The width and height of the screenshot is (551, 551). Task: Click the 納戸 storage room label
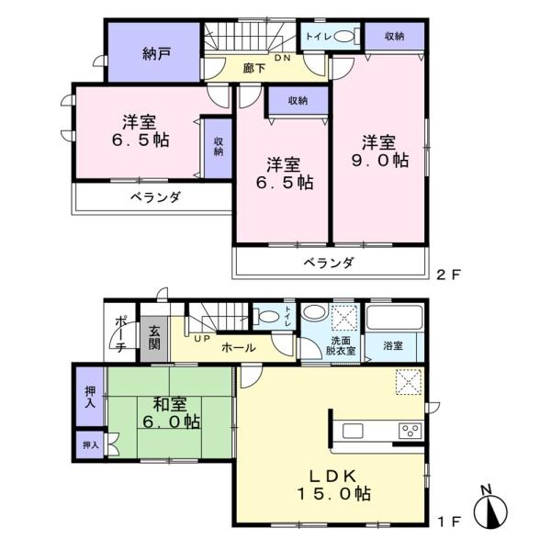tap(157, 54)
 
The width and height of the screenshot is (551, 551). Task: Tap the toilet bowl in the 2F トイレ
tap(343, 37)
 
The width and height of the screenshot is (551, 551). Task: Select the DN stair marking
tap(283, 58)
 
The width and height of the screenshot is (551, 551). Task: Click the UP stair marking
tap(202, 339)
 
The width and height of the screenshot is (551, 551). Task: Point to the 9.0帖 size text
tap(380, 160)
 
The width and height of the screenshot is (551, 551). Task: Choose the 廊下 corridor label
tap(254, 68)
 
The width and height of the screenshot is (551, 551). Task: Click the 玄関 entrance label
tap(154, 338)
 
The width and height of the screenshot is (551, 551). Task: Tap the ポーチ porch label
tap(120, 334)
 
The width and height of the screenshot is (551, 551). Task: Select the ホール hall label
tap(239, 348)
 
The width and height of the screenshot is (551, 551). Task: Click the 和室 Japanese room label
tap(170, 404)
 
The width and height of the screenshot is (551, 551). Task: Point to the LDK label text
tap(333, 476)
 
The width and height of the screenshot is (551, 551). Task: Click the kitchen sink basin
tap(353, 431)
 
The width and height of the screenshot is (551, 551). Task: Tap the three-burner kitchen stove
tap(410, 431)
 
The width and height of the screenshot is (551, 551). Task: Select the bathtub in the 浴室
tap(394, 317)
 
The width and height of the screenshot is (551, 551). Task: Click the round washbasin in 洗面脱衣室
tap(314, 311)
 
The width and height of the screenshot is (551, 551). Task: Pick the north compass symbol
tap(490, 508)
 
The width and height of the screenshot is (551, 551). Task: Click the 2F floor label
tap(448, 275)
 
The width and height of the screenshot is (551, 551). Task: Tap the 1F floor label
tap(449, 522)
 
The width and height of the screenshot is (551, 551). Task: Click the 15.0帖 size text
tap(333, 494)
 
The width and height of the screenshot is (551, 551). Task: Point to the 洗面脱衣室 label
tap(341, 346)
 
